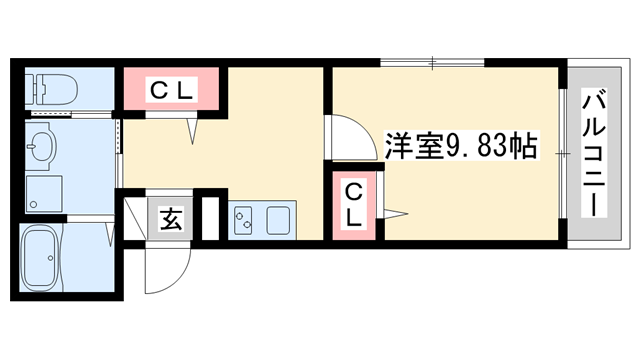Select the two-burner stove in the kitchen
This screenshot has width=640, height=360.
coord(245,220)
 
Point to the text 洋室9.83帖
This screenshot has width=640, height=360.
coord(463,146)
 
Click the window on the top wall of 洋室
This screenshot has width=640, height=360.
coord(432,64)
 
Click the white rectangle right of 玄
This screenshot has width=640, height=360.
coord(209,219)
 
